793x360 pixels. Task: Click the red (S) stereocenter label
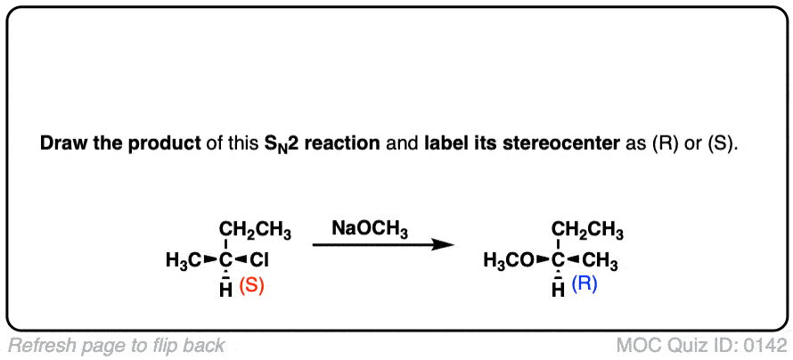point(251,289)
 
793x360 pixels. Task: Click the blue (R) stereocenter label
point(584,286)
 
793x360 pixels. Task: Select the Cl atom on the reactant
point(258,261)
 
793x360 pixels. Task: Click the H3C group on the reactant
point(184,261)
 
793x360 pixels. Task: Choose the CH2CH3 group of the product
point(587,232)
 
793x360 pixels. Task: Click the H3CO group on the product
point(509,261)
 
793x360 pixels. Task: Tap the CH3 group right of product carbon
point(601,261)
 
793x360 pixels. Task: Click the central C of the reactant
point(226,261)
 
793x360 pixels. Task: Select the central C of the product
point(558,261)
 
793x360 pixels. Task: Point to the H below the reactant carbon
point(226,290)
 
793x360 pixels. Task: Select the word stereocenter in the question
point(577,143)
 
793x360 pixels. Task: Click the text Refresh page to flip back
point(117,346)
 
